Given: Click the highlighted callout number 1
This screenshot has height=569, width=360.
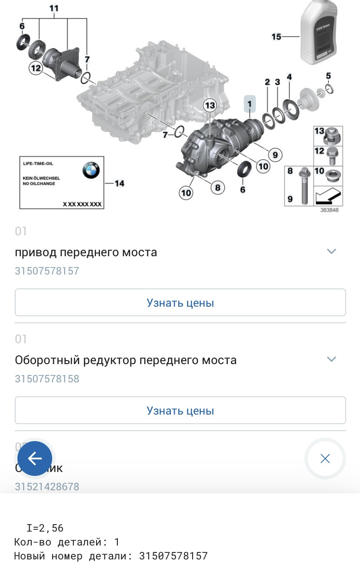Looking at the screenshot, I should coord(250,104).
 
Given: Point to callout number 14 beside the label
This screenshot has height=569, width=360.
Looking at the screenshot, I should coord(119,184).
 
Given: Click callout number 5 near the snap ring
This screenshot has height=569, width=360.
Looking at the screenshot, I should coord(328,76).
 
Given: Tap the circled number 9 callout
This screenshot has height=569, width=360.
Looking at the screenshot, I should coord(275,154).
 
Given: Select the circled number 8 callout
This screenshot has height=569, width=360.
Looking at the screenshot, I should coord(217,187).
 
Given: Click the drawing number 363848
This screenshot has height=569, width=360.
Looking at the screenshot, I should coord(329,210).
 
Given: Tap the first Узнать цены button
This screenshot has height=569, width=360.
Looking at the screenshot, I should coord(180,303).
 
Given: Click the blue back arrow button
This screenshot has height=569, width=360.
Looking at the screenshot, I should coord(35,459).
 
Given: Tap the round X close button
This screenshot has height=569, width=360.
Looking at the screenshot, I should coord(325,459).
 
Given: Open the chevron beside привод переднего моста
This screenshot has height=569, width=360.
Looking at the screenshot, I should coord(331,251).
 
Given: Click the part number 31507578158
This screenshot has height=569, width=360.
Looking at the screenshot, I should coord(47,379).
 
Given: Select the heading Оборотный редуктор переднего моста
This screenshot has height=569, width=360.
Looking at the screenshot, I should coord(126,360).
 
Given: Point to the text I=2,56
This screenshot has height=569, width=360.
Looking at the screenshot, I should coord(45,528).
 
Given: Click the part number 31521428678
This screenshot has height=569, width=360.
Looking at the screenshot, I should coord(47,487).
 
